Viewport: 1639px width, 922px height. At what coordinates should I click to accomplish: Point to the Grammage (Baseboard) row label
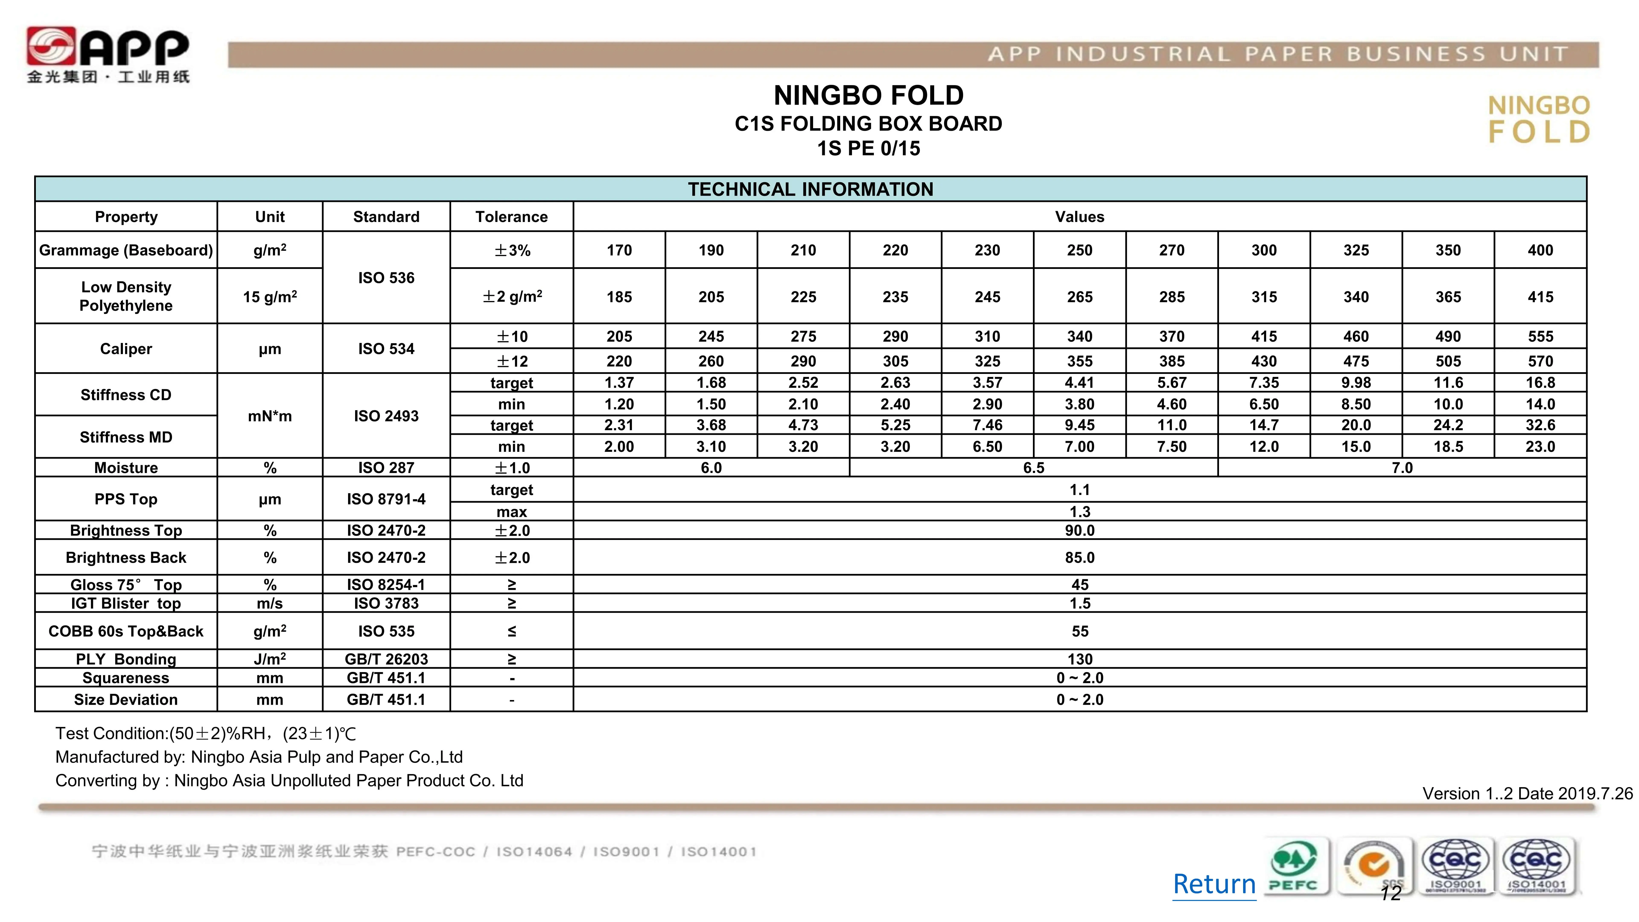(126, 250)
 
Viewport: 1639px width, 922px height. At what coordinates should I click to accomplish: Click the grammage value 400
(1540, 250)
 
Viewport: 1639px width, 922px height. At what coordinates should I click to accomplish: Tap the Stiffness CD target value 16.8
(1540, 382)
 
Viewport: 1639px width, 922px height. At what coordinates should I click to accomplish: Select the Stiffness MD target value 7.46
(987, 425)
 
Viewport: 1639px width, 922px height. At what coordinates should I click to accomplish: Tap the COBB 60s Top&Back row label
(126, 631)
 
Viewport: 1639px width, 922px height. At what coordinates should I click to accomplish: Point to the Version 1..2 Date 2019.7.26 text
(1527, 794)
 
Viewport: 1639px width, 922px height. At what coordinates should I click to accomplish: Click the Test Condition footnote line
(206, 734)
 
